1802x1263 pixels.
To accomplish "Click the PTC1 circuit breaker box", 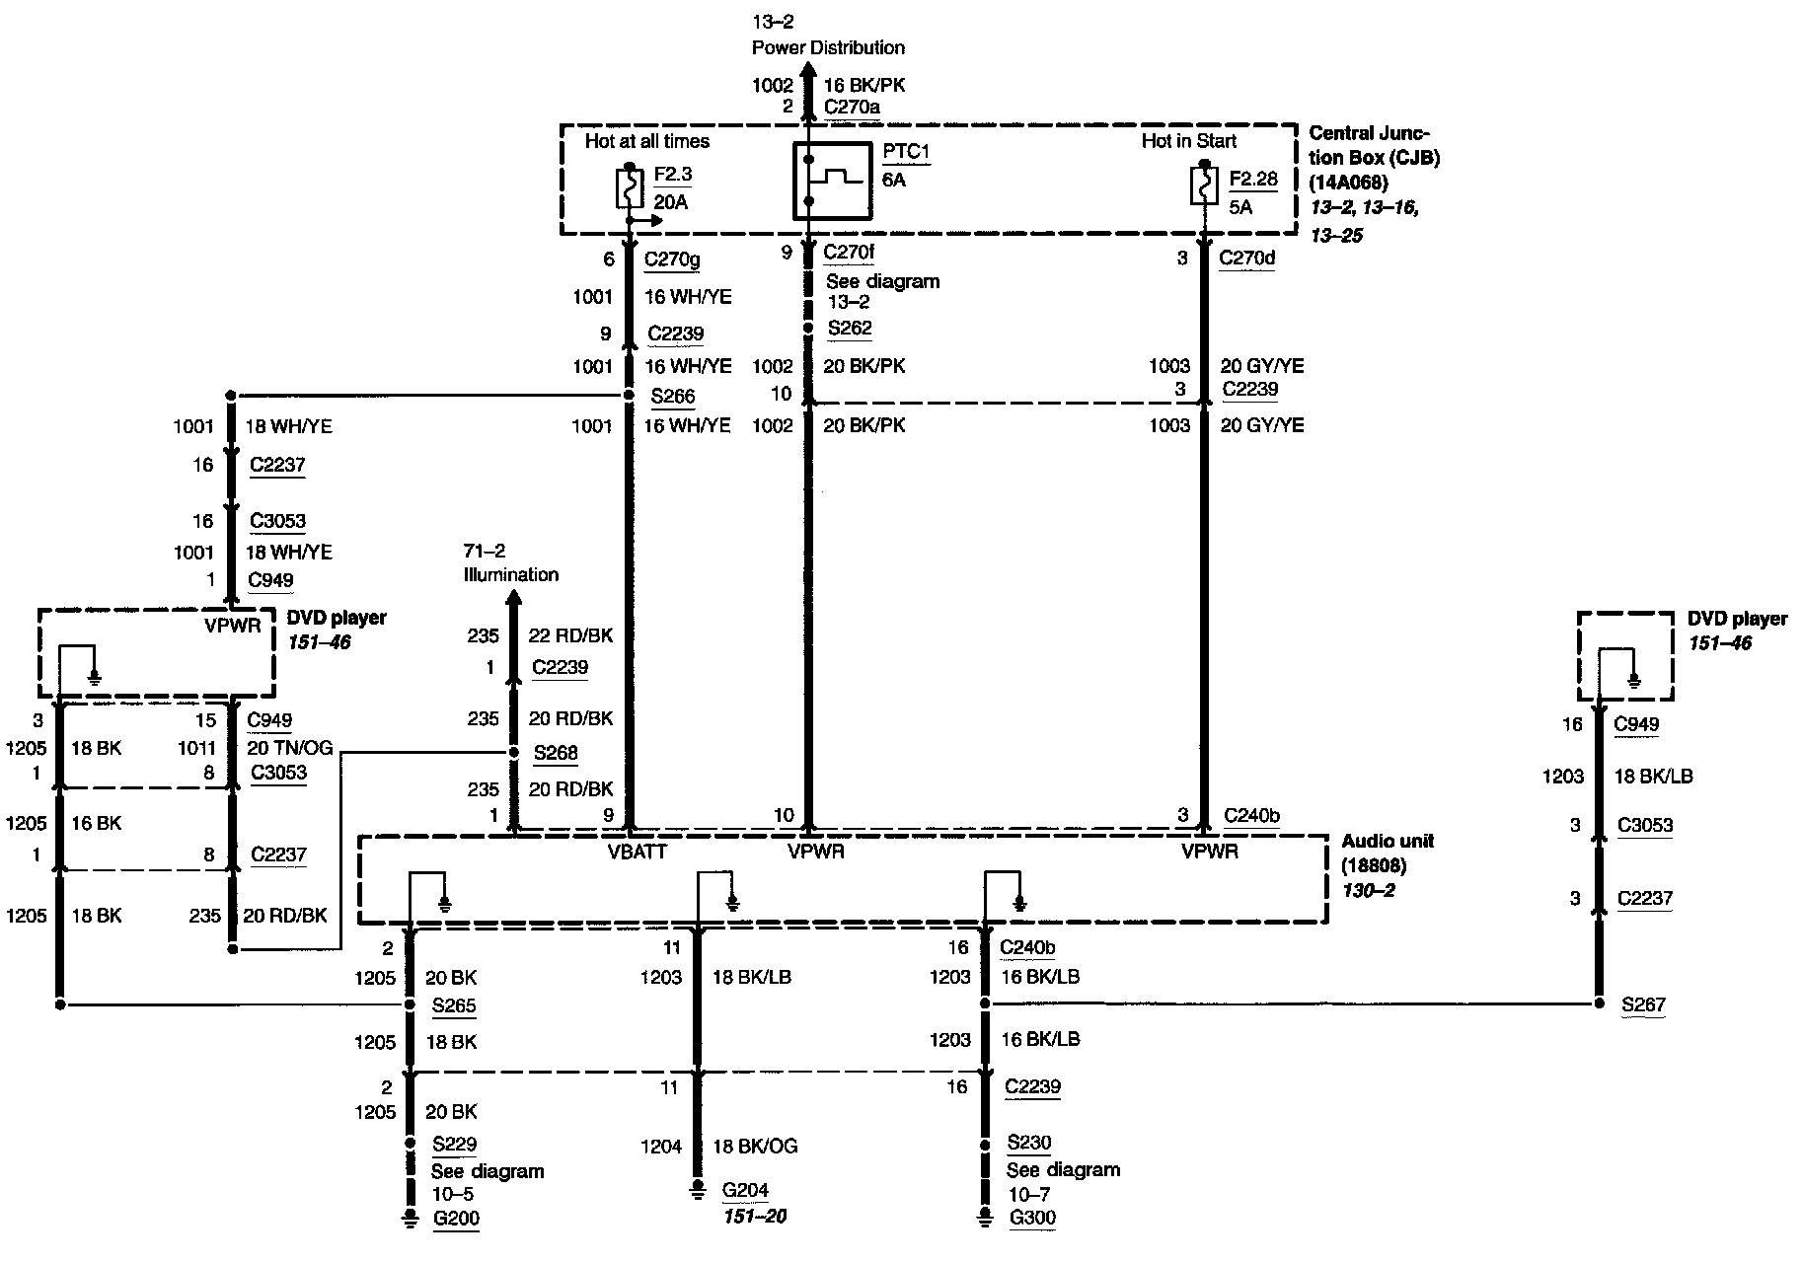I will tap(833, 181).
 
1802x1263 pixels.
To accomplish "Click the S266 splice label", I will tap(671, 397).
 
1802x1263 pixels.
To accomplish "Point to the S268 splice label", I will tap(556, 754).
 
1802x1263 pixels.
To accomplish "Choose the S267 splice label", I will tap(1643, 1004).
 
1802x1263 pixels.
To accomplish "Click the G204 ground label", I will tap(745, 1190).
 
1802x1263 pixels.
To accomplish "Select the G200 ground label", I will tap(456, 1218).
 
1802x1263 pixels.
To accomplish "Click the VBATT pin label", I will tap(638, 852).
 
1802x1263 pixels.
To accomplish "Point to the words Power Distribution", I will tap(828, 47).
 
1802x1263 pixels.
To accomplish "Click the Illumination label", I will tap(511, 574).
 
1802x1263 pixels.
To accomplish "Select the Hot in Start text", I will tap(1188, 141).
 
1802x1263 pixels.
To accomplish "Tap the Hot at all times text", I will tap(646, 141).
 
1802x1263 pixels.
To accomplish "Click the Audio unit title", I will tap(1388, 842).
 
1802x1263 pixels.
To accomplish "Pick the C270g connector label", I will tap(672, 260).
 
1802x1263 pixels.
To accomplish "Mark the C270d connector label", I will tap(1247, 259).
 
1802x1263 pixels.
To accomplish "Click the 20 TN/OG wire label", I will tap(289, 749).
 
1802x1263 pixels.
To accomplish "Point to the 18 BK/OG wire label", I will tap(755, 1147).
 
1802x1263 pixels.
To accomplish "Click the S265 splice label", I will tap(454, 1006).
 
